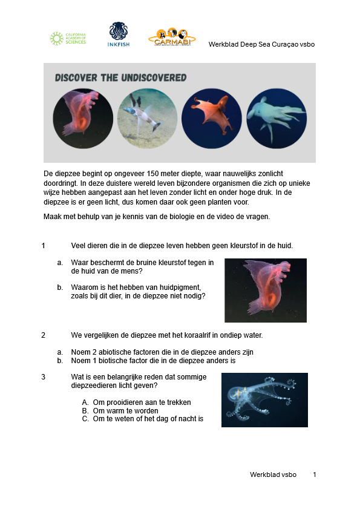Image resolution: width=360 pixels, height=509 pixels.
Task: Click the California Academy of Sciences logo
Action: pos(68,39)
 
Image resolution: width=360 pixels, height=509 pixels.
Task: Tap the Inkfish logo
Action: pos(119,34)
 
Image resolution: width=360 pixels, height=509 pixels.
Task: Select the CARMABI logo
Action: pos(172,37)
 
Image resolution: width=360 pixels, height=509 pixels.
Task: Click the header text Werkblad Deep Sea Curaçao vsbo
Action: pos(261,44)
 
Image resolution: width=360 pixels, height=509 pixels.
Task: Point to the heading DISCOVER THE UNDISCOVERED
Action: pos(120,78)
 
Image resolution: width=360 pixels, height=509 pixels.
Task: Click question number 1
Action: pos(44,245)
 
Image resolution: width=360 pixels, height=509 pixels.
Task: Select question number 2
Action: pos(44,335)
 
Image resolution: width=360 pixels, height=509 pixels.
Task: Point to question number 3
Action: pos(44,377)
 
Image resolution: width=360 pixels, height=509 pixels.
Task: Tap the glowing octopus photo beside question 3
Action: pos(264,400)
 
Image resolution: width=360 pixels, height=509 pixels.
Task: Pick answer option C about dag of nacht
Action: pos(142,419)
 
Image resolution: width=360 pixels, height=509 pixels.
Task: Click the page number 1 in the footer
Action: pos(315,475)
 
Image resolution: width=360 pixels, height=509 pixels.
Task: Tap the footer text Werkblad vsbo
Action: pos(273,475)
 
